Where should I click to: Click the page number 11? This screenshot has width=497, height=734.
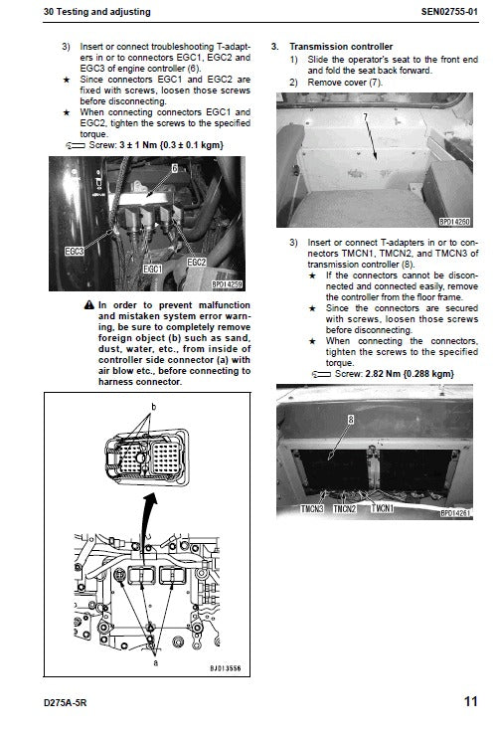469,701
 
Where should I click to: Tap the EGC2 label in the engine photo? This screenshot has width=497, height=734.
197,261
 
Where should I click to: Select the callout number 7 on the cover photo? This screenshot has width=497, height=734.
365,116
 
